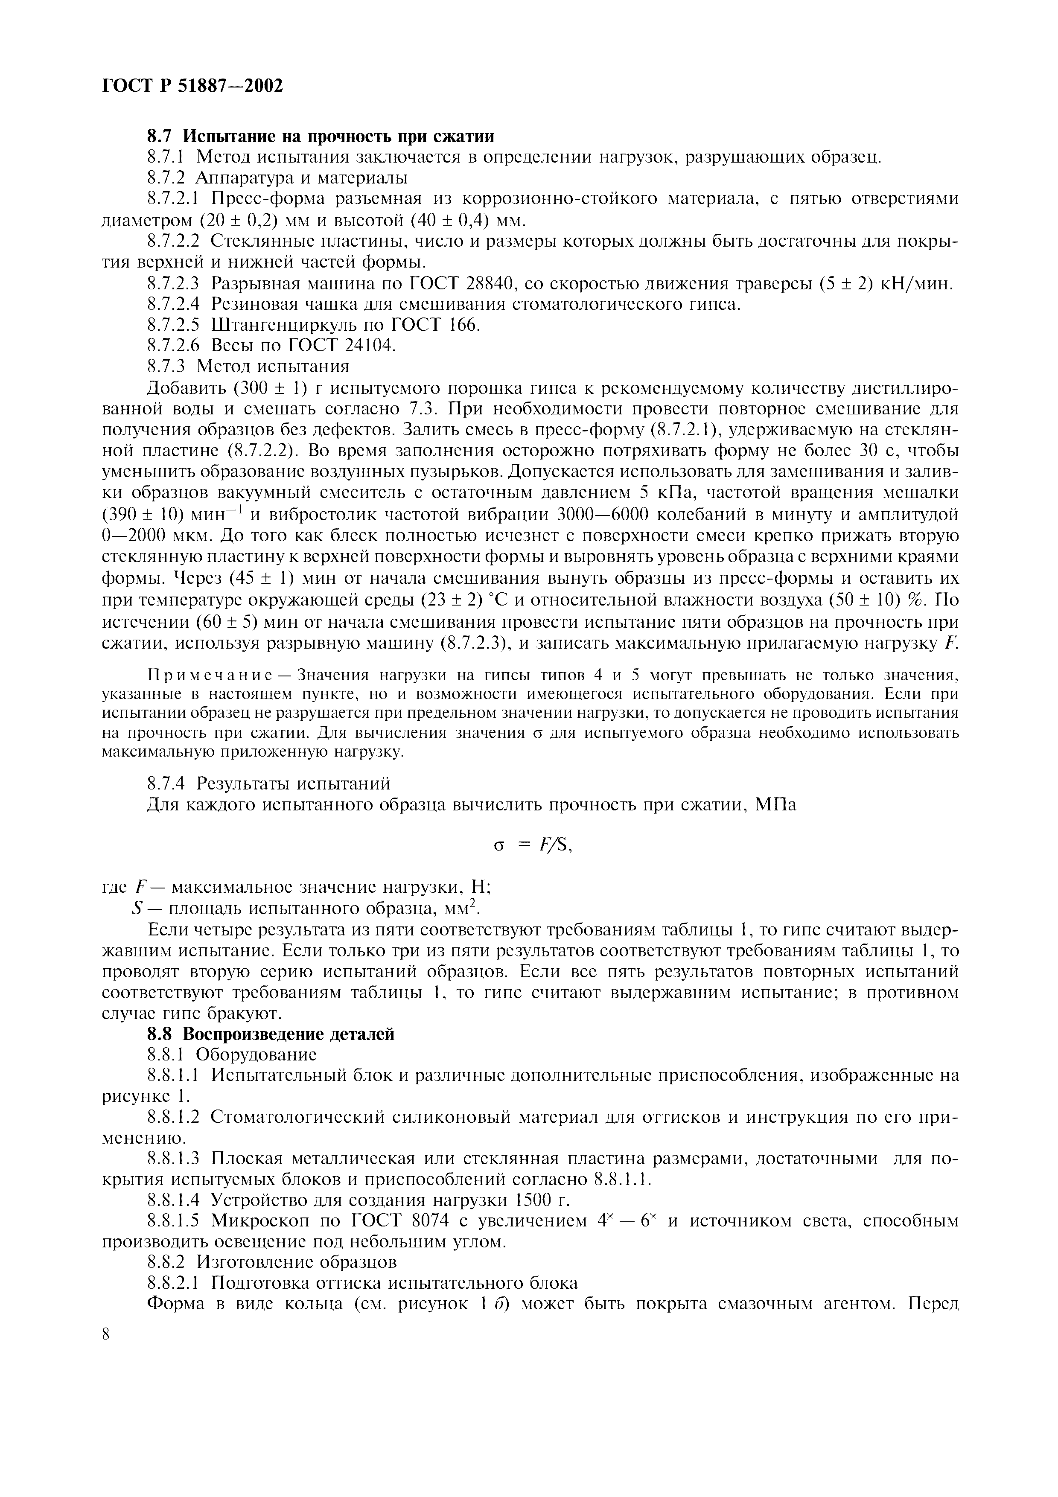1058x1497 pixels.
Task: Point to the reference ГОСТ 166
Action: (435, 325)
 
